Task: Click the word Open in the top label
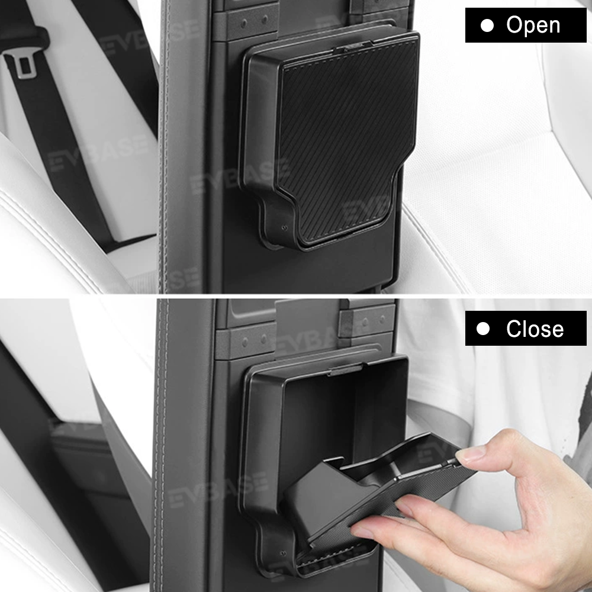(x=533, y=25)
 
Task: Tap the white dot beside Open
(x=487, y=25)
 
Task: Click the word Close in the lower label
(x=535, y=329)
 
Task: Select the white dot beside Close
(x=483, y=329)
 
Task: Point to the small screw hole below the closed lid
(x=285, y=228)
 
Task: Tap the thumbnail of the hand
(x=470, y=453)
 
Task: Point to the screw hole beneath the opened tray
(x=283, y=554)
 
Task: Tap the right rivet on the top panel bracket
(x=265, y=19)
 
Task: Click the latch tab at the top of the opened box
(x=346, y=369)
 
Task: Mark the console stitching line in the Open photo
(x=163, y=147)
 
